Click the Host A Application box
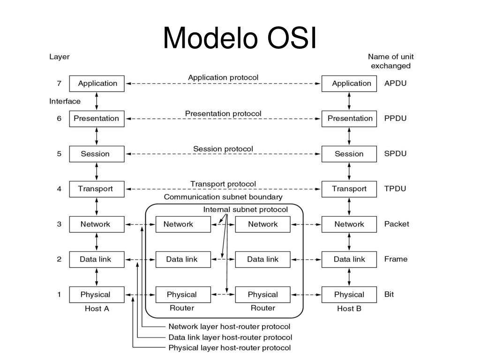coord(97,83)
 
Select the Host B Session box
coord(349,154)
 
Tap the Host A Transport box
coord(97,189)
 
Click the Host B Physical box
coord(349,294)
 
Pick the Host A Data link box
coord(97,259)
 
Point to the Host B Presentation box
coord(349,119)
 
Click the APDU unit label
coord(395,83)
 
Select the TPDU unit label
coord(395,188)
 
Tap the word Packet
coord(397,224)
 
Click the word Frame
coord(396,259)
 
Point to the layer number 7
coord(59,83)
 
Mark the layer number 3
coord(59,224)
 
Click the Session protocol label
coord(223,149)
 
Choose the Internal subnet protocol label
coord(246,210)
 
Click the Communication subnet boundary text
coord(223,197)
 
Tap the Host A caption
coord(97,308)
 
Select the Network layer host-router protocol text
coord(229,327)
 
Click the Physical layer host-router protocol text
coord(230,348)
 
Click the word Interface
coord(65,101)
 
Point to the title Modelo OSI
coord(240,37)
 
